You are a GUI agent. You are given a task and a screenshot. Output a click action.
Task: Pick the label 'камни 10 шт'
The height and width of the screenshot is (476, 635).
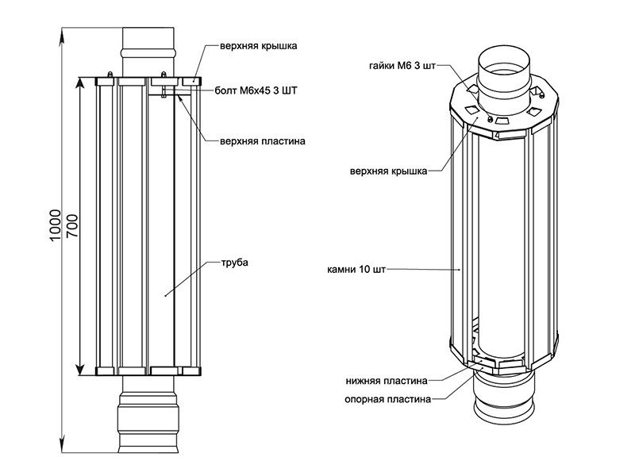(x=356, y=270)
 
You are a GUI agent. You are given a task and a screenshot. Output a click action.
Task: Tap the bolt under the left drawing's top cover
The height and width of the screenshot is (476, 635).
(x=164, y=89)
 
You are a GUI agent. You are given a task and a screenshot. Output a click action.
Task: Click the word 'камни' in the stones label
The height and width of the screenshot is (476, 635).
(x=341, y=270)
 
